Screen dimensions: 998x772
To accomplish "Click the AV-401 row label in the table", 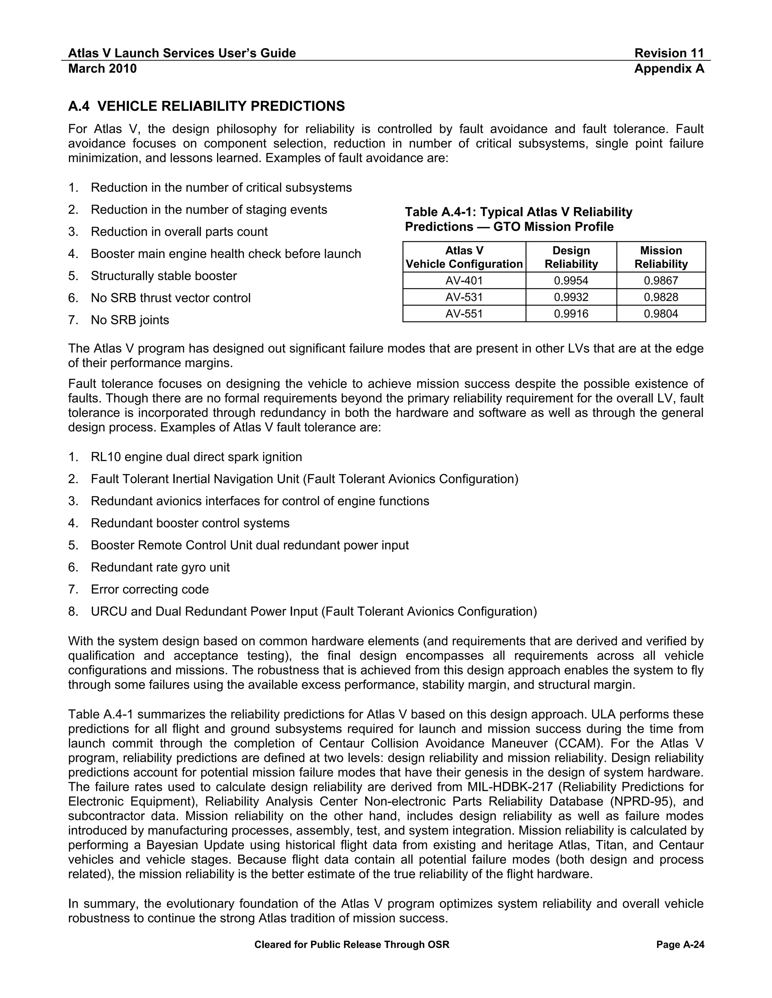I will click(x=464, y=281).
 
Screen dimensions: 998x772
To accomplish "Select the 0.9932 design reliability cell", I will click(x=571, y=297).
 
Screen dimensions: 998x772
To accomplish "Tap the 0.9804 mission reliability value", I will click(x=661, y=313).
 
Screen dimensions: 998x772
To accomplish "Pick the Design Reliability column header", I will click(x=571, y=257).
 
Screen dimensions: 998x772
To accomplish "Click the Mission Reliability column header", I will click(x=661, y=257).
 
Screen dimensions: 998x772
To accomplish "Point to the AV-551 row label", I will click(x=464, y=313).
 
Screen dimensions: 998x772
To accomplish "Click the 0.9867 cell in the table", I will click(x=661, y=281).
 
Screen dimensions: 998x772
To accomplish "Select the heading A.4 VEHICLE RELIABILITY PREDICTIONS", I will click(x=206, y=107).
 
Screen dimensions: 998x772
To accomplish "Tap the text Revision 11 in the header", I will click(x=669, y=53).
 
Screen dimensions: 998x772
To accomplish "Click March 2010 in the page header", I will click(x=103, y=69).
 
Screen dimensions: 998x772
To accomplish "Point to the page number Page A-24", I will click(x=680, y=945).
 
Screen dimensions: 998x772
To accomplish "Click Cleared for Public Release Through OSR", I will click(x=352, y=945).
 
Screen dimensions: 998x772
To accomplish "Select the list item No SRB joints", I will click(x=130, y=320).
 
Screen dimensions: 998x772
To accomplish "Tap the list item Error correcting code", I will click(x=150, y=589).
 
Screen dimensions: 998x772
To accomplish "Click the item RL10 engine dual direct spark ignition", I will click(x=196, y=457).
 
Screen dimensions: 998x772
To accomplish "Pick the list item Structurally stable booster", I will click(x=164, y=276).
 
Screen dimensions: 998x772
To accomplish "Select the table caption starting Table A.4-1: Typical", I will click(x=518, y=219).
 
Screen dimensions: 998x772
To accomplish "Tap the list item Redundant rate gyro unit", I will click(x=160, y=567).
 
